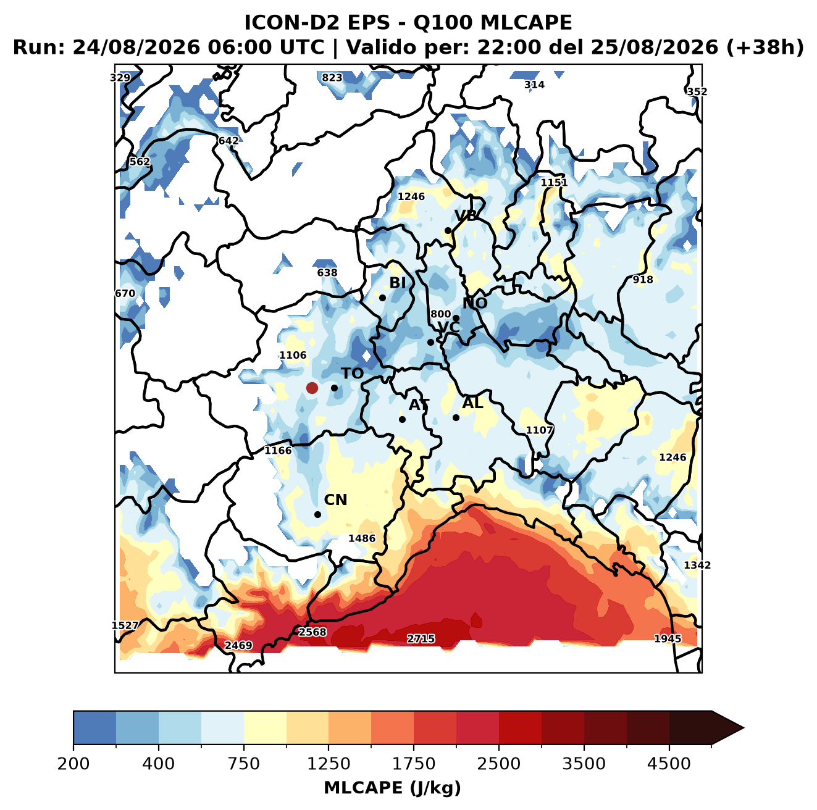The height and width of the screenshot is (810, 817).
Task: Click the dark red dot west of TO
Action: [x=312, y=388]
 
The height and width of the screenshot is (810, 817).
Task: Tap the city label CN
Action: [x=335, y=500]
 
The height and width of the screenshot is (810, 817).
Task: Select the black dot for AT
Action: [x=402, y=419]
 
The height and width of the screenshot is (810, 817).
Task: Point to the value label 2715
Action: [x=421, y=638]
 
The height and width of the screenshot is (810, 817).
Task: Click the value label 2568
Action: [x=312, y=632]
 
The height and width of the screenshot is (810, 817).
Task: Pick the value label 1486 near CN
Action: [x=362, y=538]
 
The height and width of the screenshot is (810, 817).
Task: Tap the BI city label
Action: [x=397, y=283]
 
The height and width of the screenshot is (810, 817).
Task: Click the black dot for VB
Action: [x=448, y=230]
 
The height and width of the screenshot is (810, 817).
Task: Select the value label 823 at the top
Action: [x=332, y=78]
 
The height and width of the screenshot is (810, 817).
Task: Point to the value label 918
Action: [x=643, y=279]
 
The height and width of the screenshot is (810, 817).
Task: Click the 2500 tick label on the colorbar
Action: [x=498, y=763]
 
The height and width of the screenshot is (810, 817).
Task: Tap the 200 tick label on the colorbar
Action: [x=73, y=763]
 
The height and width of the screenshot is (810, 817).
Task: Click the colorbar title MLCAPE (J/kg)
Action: [x=392, y=788]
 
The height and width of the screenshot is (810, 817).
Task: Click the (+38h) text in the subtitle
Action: [x=765, y=48]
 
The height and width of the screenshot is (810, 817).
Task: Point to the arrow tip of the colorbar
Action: [x=744, y=728]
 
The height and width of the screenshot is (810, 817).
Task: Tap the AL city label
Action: [x=472, y=403]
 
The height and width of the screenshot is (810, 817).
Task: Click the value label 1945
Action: [x=668, y=638]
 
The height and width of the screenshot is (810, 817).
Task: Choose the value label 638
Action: [x=327, y=272]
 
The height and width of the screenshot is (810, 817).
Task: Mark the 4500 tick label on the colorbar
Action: [x=669, y=763]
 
